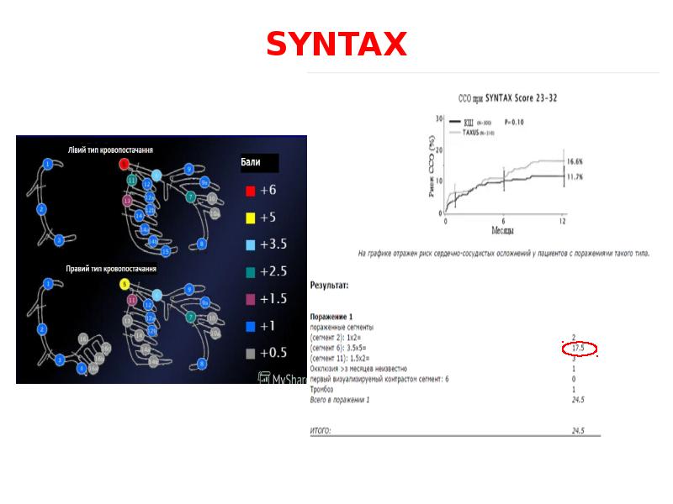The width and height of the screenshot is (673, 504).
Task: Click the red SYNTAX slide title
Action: [336, 44]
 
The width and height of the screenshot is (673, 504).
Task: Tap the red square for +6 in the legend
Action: [250, 191]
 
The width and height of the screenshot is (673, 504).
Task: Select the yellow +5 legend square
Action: [250, 218]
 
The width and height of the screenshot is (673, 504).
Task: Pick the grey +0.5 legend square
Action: [250, 353]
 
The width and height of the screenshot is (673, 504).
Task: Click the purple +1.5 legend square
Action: [250, 299]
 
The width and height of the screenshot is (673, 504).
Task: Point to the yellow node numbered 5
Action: [125, 285]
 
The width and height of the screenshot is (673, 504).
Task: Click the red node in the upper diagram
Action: [124, 162]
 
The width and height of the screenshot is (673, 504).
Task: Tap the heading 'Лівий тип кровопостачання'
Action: [110, 150]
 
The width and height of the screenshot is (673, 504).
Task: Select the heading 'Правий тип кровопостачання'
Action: [111, 269]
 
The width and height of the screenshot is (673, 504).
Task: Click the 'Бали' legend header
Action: [251, 163]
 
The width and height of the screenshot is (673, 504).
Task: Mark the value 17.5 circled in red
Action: [578, 348]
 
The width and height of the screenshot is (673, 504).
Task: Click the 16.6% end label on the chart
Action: [575, 161]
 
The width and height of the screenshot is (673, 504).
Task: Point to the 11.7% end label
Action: [575, 176]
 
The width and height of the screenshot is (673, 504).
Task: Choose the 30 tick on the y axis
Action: [437, 118]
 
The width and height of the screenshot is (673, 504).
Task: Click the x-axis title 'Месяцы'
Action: [503, 229]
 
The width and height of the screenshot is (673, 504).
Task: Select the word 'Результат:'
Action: [330, 286]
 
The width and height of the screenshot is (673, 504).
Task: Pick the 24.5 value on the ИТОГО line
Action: [578, 430]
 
